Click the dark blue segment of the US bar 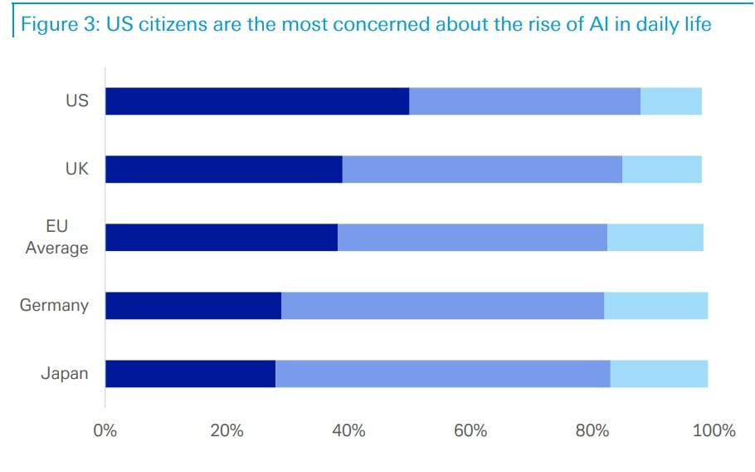[257, 101]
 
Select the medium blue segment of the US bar [524, 101]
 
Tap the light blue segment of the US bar [671, 101]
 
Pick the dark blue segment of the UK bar [224, 170]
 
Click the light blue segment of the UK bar [662, 170]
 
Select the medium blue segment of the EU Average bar [472, 238]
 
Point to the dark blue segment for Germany [193, 306]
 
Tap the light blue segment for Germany [655, 306]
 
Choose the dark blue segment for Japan [190, 374]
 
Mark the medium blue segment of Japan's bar [442, 374]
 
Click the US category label [77, 101]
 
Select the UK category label [77, 170]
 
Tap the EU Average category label [57, 237]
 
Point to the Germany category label [54, 305]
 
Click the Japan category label [65, 373]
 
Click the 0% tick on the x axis [105, 430]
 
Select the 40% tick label [348, 430]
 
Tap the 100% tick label [714, 430]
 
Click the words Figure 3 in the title [59, 24]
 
